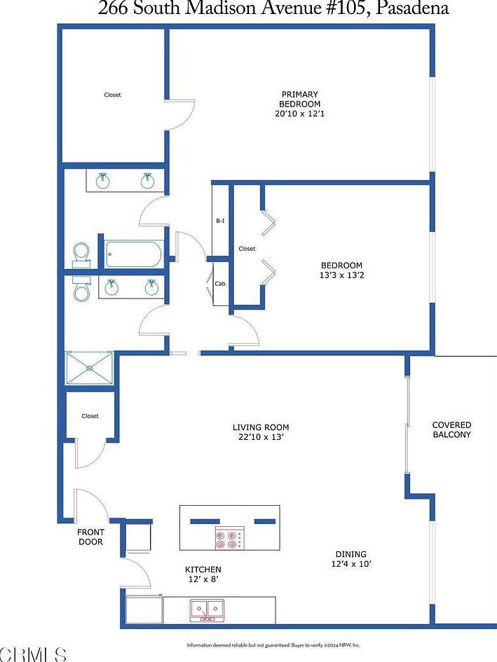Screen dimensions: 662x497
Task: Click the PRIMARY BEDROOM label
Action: pyautogui.click(x=300, y=99)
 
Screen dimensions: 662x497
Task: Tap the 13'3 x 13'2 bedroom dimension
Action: pyautogui.click(x=341, y=275)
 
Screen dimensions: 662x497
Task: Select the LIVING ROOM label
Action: pyautogui.click(x=261, y=427)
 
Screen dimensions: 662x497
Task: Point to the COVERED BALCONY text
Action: pyautogui.click(x=451, y=429)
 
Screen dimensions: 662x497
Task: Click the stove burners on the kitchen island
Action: pyautogui.click(x=229, y=539)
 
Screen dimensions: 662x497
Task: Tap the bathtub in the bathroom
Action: pyautogui.click(x=135, y=254)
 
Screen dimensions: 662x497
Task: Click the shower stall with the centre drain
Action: pyautogui.click(x=89, y=368)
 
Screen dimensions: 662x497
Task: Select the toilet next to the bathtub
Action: pyautogui.click(x=81, y=253)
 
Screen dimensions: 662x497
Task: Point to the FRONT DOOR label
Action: pyautogui.click(x=90, y=537)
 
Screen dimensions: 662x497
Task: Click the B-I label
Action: pyautogui.click(x=220, y=221)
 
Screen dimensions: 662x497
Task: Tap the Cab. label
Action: pyautogui.click(x=220, y=284)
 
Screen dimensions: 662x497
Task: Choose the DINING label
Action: pyautogui.click(x=350, y=554)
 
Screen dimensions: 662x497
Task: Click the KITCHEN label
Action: pyautogui.click(x=203, y=570)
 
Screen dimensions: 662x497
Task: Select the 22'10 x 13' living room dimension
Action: pyautogui.click(x=261, y=437)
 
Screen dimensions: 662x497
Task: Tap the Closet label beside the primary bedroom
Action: pyautogui.click(x=112, y=95)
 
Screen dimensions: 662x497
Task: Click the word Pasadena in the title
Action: pyautogui.click(x=411, y=9)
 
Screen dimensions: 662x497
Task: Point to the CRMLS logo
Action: pyautogui.click(x=34, y=654)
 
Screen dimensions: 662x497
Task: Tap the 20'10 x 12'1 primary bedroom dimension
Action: pyautogui.click(x=300, y=113)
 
